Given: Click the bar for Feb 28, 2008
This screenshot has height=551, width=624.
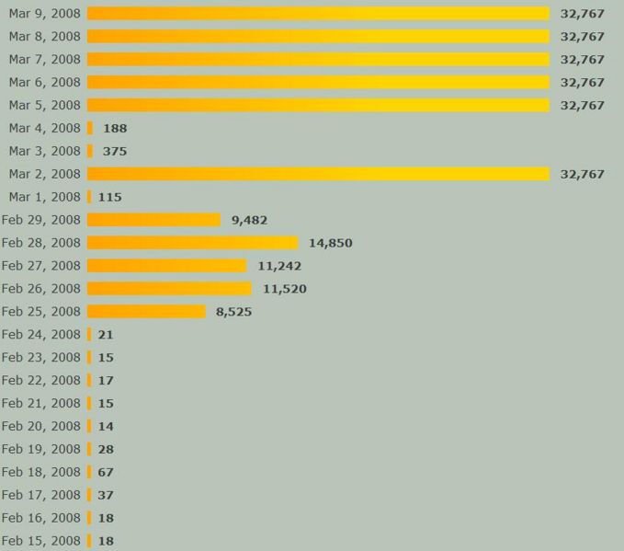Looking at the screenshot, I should [192, 243].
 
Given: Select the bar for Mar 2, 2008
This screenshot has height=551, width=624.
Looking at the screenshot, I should [318, 174].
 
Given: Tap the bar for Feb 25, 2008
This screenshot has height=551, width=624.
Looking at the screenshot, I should [146, 312].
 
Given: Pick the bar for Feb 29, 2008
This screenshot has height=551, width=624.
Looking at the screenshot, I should [153, 220].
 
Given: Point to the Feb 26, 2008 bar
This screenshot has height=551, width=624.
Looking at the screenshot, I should [169, 289].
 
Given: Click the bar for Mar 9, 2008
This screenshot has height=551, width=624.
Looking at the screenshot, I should [318, 13].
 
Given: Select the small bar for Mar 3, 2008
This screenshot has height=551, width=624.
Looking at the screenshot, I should [90, 151].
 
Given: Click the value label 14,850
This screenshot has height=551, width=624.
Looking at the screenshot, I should [330, 243].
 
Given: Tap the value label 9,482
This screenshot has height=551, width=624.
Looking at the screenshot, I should [249, 220].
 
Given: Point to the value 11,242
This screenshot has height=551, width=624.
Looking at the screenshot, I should [279, 266].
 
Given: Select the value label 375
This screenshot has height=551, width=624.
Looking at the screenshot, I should [115, 151].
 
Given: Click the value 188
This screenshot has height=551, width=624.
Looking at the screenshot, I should [115, 128].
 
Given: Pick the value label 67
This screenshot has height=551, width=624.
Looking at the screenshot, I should [106, 472].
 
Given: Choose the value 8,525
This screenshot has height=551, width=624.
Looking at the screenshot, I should [233, 312].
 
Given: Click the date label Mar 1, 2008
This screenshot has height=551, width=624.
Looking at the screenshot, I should [45, 197].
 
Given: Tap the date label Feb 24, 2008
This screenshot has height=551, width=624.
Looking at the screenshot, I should [41, 334].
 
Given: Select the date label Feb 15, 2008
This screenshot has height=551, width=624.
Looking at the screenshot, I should [41, 541].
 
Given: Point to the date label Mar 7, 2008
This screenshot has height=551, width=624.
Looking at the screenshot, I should [45, 59].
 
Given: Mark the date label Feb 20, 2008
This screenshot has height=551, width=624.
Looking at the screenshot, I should [41, 426].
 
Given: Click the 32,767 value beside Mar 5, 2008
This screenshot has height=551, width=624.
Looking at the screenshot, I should [582, 105].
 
